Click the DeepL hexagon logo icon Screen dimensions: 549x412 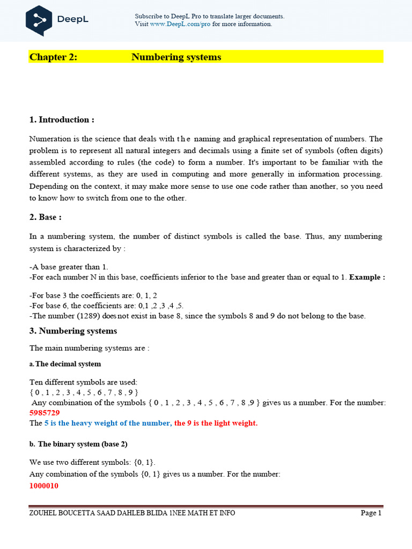(x=39, y=20)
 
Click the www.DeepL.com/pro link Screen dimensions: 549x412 (x=180, y=24)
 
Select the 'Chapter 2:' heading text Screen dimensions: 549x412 (x=53, y=57)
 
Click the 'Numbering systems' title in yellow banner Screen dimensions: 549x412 (x=176, y=57)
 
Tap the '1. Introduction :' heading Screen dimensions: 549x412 (x=62, y=120)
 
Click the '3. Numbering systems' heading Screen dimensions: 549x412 (x=73, y=331)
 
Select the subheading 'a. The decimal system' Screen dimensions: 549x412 (x=65, y=364)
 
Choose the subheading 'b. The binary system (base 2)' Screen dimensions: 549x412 (x=78, y=444)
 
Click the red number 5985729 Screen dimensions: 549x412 (x=45, y=413)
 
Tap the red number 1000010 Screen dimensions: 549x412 (x=44, y=486)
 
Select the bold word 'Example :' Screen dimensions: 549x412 (x=367, y=277)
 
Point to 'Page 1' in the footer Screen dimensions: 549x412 (x=371, y=513)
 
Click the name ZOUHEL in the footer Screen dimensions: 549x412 (x=43, y=513)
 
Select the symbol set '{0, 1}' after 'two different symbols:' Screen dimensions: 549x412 (x=128, y=462)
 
